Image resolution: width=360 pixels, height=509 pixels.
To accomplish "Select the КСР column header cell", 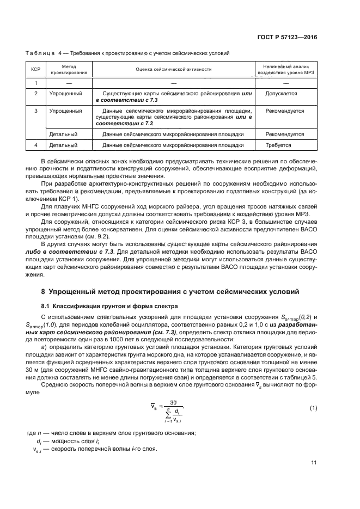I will [36, 69].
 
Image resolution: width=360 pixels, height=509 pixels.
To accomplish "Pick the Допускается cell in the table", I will [281, 94].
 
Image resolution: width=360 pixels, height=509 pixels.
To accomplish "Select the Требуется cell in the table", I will [278, 145].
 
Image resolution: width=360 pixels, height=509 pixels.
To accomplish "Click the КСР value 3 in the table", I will [36, 111].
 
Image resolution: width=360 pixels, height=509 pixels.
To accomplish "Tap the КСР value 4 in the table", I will [36, 145].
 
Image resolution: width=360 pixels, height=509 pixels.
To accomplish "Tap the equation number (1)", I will [313, 408].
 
